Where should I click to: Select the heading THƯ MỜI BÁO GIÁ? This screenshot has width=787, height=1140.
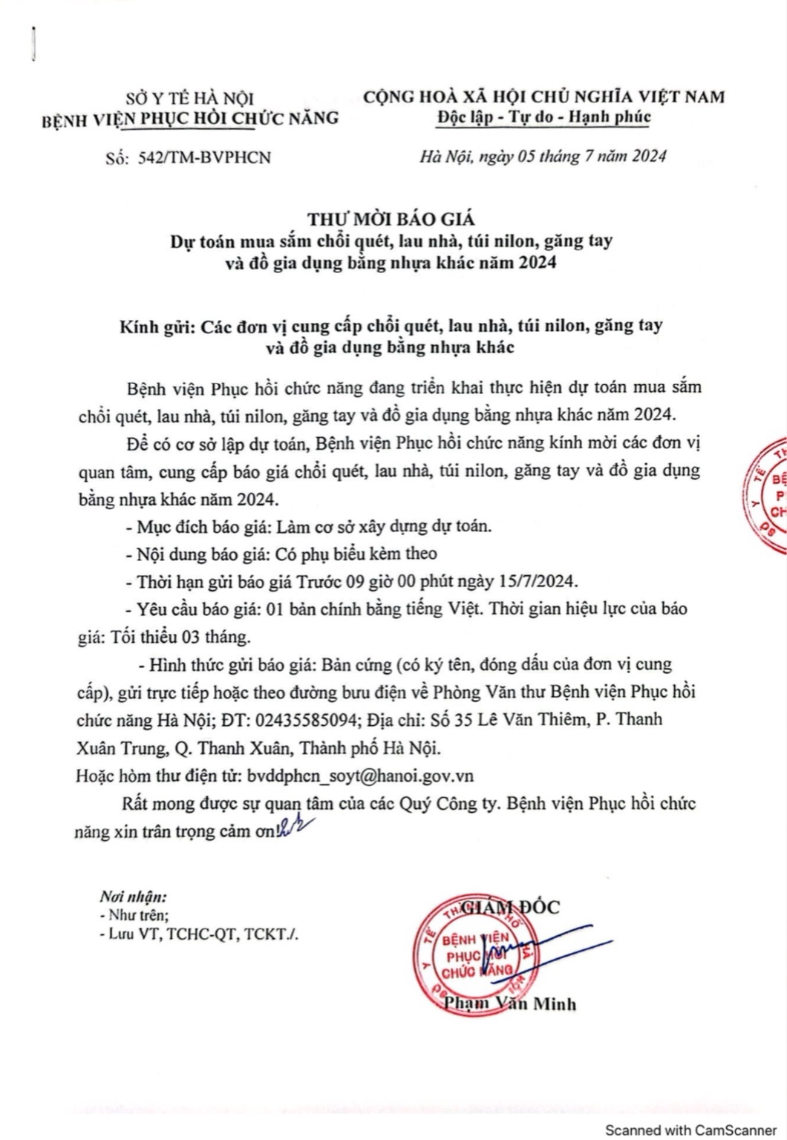[x=391, y=219]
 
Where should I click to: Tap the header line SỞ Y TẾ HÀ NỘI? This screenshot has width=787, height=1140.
[x=189, y=97]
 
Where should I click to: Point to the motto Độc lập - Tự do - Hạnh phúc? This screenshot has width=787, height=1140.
[x=544, y=117]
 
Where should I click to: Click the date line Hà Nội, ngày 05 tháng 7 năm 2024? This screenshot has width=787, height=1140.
[x=543, y=156]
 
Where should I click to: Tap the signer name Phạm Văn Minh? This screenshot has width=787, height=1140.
[x=509, y=1004]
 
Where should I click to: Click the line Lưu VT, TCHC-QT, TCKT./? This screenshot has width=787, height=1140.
[x=199, y=935]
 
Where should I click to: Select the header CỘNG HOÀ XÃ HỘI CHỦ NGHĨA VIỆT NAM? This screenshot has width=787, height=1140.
[x=544, y=96]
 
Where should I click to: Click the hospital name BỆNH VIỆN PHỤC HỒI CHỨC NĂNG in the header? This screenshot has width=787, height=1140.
[x=191, y=117]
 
